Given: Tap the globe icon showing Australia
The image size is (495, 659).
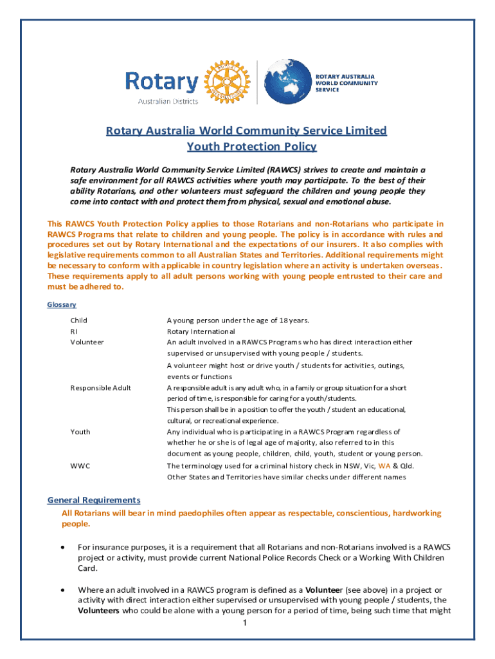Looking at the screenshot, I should [287, 82].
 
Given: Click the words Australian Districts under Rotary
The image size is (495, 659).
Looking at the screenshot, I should [168, 100].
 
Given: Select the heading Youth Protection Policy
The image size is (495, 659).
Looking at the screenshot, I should [251, 147].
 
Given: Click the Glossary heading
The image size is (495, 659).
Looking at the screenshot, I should [62, 304].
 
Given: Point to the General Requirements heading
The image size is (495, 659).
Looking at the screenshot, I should [94, 500].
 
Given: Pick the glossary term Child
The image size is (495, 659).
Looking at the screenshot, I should [79, 320].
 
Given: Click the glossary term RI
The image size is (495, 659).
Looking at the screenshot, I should [74, 331].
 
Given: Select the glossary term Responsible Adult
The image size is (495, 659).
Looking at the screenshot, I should [101, 387].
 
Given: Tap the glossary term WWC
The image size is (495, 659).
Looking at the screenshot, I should [80, 465].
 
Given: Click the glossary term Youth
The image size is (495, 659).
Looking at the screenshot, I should [80, 432].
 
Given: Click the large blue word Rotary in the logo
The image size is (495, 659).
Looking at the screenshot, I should [161, 82].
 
